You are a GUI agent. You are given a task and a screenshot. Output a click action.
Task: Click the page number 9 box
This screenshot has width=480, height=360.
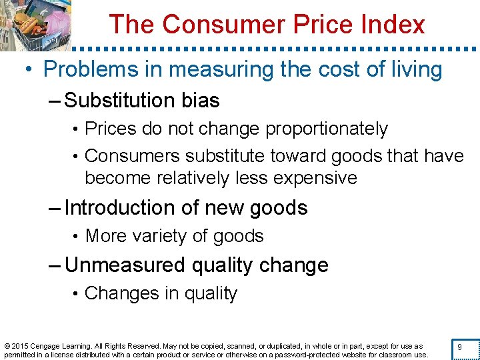[459, 347]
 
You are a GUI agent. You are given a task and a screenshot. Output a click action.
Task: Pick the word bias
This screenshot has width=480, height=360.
[200, 101]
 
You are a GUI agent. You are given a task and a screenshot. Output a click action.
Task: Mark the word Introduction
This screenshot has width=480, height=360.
[122, 208]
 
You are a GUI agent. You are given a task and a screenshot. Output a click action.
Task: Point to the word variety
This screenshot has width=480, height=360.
[161, 236]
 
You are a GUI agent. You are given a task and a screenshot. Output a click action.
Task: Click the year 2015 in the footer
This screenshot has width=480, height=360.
[21, 346]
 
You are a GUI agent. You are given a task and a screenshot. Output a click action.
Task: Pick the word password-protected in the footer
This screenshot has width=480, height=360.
[317, 355]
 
